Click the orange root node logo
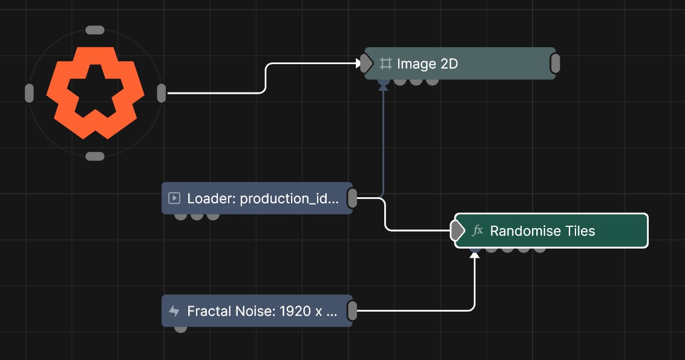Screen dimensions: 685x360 [95, 93]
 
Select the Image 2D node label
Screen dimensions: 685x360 [427, 64]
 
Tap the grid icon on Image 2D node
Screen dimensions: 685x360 [385, 64]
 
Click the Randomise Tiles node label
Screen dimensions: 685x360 [542, 231]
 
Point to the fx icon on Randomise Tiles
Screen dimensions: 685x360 [477, 231]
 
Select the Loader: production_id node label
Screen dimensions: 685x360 [263, 198]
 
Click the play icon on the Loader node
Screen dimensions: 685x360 [174, 198]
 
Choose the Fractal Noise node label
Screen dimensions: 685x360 [262, 311]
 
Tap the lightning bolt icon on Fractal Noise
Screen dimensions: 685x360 [174, 311]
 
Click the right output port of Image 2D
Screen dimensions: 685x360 [556, 64]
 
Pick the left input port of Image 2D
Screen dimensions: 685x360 [366, 64]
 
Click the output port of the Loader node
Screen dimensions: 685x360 [352, 198]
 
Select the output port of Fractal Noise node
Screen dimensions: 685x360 [352, 311]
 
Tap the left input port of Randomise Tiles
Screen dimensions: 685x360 [457, 231]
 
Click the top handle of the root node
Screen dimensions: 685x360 [95, 30]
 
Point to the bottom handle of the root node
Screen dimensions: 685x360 [95, 157]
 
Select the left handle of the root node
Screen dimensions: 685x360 [29, 93]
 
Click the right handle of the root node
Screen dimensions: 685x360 [161, 93]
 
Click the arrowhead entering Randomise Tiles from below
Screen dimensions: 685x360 [474, 255]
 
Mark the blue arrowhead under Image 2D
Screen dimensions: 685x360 [383, 87]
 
